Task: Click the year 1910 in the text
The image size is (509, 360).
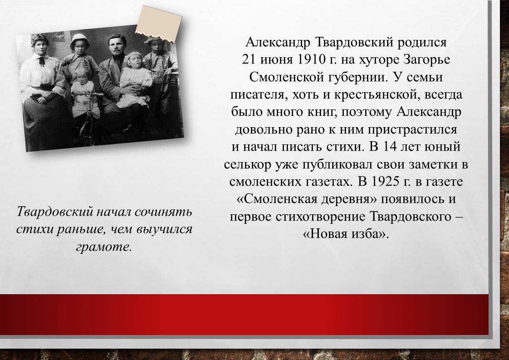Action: point(311,59)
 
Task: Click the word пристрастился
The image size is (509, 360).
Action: point(412,130)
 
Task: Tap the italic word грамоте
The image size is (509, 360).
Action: point(104,247)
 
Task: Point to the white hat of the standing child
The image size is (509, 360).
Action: point(79,40)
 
